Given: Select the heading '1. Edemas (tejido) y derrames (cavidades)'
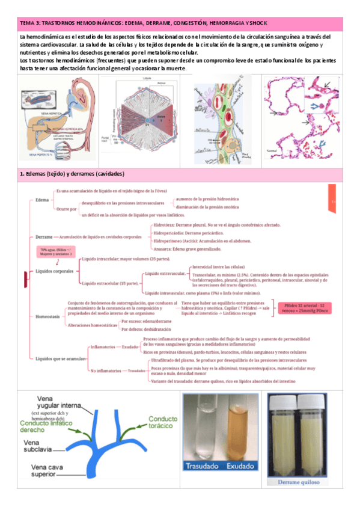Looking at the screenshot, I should (72, 174).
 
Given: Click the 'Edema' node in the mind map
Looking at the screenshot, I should (42, 200).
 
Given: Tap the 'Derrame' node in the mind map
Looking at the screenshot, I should (43, 237).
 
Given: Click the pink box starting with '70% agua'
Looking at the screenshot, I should (56, 252).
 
